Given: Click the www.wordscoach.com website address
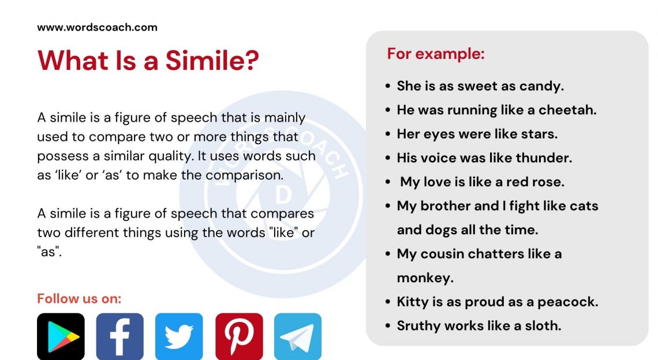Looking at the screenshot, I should pos(97,27).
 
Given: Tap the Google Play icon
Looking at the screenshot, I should pos(61,336).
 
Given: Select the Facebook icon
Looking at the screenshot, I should pos(119,336).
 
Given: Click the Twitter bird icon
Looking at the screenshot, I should pos(179,336).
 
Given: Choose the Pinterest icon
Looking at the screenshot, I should pos(239,336).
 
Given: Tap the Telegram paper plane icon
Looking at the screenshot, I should pos(298,336).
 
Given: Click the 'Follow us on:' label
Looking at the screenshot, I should pos(79,298).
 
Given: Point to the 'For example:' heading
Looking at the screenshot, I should pos(436,54).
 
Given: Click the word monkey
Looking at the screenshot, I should pos(425,278).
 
